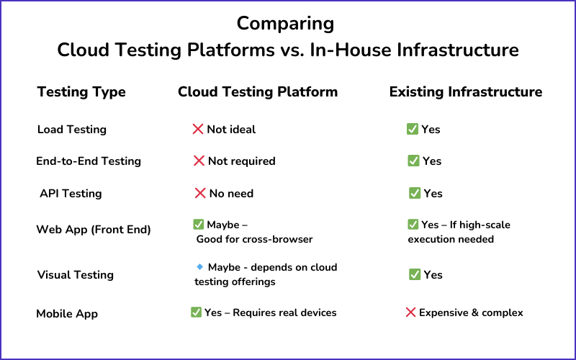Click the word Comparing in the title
(285, 24)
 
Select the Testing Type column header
(81, 92)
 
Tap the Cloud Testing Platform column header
(258, 92)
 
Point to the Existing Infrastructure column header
(466, 92)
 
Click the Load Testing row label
(72, 130)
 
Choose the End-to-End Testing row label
(89, 161)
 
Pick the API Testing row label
(71, 194)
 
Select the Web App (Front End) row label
(94, 230)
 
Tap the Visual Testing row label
(76, 275)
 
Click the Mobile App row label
(67, 314)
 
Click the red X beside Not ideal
(198, 130)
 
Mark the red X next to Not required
(199, 161)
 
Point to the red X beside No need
(200, 193)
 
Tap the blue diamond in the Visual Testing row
(200, 266)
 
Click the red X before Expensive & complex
(410, 312)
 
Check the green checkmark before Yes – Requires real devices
(196, 312)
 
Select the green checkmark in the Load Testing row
(413, 129)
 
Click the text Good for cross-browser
(255, 240)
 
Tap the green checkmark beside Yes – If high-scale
(413, 225)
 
